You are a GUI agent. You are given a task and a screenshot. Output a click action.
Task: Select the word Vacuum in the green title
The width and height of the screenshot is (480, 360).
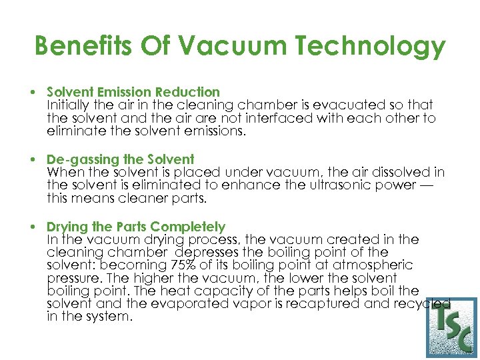(x=221, y=47)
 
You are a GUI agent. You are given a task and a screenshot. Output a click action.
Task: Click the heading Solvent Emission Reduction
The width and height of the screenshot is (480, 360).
(x=133, y=92)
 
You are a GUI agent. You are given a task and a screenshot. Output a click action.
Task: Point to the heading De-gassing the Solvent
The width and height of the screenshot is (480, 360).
(x=120, y=159)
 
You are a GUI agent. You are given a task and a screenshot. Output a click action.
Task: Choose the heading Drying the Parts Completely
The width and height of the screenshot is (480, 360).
(x=136, y=227)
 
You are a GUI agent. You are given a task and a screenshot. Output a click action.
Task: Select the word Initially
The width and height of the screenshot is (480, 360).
(x=70, y=105)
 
